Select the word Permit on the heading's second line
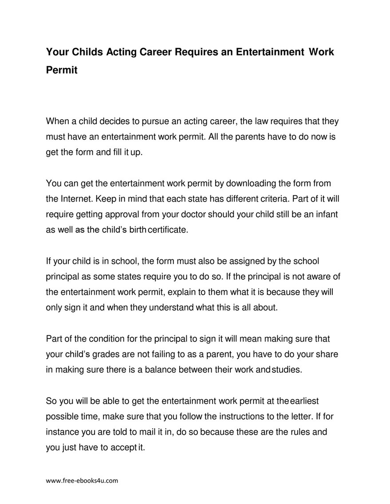(62, 70)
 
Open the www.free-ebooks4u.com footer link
(82, 481)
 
